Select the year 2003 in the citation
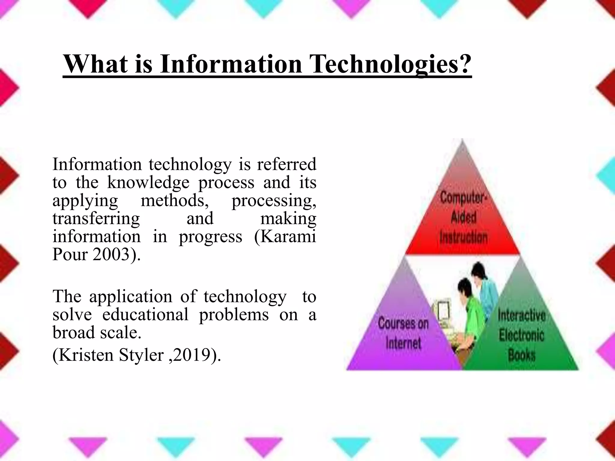(111, 254)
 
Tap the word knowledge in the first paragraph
(148, 182)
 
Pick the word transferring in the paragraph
(96, 218)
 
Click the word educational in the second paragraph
(145, 315)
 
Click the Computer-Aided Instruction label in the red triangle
(463, 218)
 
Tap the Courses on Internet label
(403, 333)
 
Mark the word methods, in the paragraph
(175, 200)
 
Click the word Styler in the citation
(141, 355)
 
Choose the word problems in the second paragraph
(234, 315)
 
